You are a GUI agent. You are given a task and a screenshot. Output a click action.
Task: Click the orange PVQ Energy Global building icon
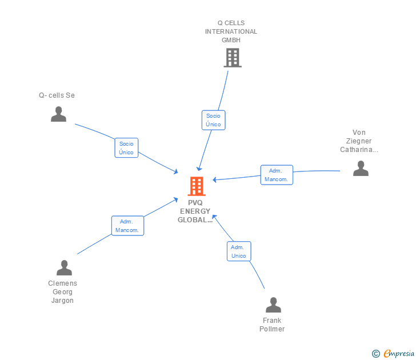(x=196, y=186)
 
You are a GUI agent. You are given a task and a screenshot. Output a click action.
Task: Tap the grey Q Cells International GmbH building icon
(x=232, y=58)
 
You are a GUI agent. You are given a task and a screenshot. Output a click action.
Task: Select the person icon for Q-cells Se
(x=58, y=114)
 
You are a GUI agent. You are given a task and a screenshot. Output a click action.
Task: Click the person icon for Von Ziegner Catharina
(x=361, y=168)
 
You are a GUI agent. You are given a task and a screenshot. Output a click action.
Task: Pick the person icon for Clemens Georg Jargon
(x=64, y=267)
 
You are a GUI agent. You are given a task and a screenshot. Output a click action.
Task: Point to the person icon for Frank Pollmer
(x=273, y=305)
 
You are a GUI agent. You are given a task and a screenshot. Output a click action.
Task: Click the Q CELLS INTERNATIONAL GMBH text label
(x=231, y=32)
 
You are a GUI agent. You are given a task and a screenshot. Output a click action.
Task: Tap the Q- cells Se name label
(x=57, y=95)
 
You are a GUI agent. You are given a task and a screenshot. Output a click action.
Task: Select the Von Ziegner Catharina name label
(x=359, y=141)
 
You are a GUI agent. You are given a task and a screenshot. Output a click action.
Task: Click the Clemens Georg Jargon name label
(x=63, y=292)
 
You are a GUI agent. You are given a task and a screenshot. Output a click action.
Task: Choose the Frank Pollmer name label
(x=272, y=325)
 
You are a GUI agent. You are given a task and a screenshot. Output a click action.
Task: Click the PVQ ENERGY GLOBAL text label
(x=195, y=211)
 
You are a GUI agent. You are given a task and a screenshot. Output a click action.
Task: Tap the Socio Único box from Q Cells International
(x=213, y=120)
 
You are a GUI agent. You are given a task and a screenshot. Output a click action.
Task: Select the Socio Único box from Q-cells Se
(x=126, y=148)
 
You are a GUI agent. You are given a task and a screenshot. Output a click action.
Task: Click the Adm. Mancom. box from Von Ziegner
(x=277, y=175)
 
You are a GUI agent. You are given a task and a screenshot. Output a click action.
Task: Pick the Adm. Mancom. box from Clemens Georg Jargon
(x=127, y=226)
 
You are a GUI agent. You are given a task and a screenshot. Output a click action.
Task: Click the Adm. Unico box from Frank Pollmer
(x=238, y=251)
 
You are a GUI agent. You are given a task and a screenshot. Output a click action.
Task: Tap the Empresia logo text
(x=399, y=353)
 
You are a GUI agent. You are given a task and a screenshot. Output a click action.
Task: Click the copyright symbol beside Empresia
(x=375, y=354)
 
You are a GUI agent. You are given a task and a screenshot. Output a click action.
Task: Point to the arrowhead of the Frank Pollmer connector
(x=213, y=217)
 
